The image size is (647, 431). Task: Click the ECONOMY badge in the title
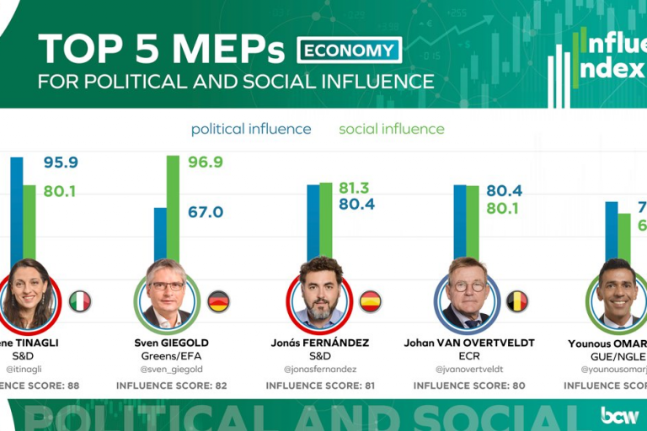pyautogui.click(x=349, y=51)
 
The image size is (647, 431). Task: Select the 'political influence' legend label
pyautogui.click(x=251, y=129)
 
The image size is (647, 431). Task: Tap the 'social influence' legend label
pyautogui.click(x=391, y=129)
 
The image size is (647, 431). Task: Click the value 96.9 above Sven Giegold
pyautogui.click(x=206, y=162)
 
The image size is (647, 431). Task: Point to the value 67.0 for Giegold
pyautogui.click(x=206, y=212)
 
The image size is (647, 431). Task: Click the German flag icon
pyautogui.click(x=218, y=301)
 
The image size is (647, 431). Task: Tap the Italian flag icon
pyautogui.click(x=80, y=301)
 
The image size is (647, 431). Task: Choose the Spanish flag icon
pyautogui.click(x=370, y=301)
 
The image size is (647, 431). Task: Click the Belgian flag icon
pyautogui.click(x=516, y=301)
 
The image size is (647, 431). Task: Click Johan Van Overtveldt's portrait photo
pyautogui.click(x=467, y=294)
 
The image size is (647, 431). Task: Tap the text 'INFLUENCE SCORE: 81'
pyautogui.click(x=321, y=386)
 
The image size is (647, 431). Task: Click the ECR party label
pyautogui.click(x=467, y=355)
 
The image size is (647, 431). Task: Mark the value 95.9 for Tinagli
pyautogui.click(x=60, y=162)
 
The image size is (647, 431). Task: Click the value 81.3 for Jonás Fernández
pyautogui.click(x=354, y=188)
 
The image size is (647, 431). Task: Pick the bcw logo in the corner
pyautogui.click(x=619, y=414)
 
